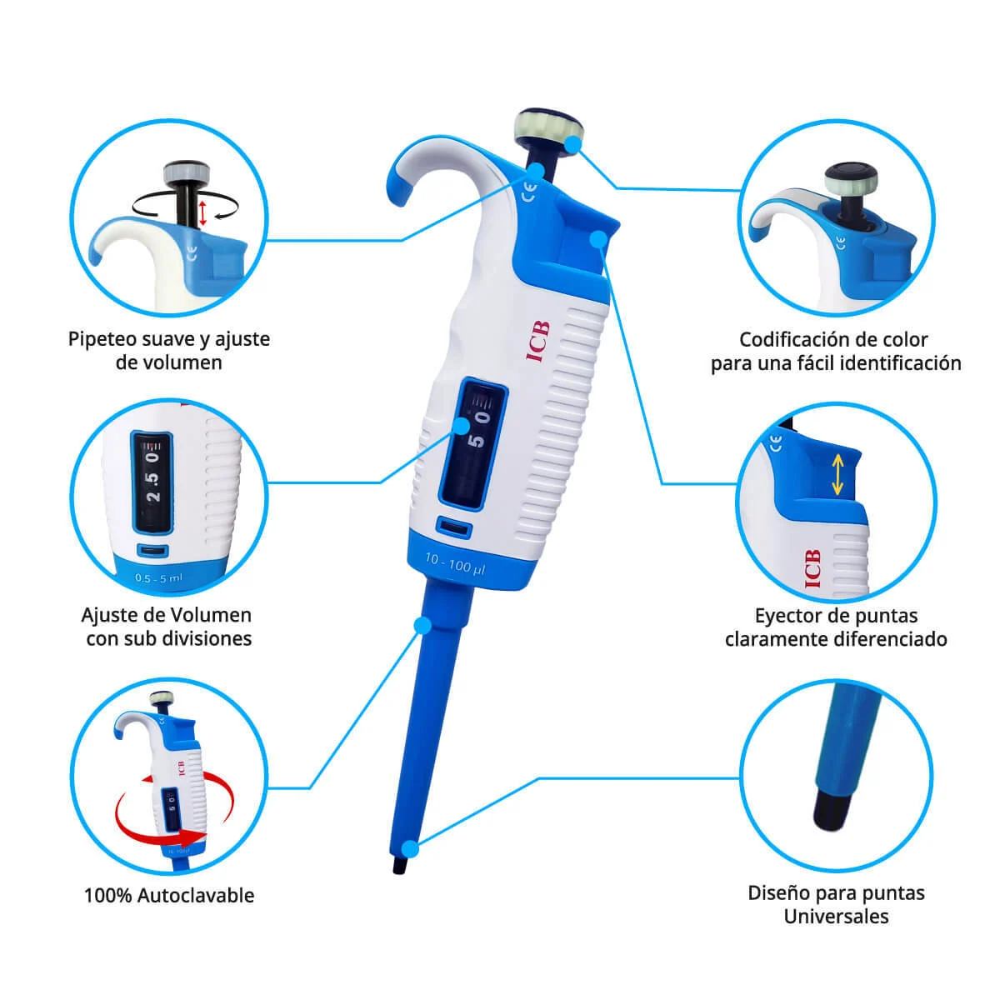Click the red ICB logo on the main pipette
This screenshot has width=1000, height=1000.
click(x=538, y=342)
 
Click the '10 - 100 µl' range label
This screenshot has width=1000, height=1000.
click(x=455, y=563)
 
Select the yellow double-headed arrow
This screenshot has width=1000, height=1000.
click(x=837, y=475)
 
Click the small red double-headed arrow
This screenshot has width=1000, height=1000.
click(x=202, y=212)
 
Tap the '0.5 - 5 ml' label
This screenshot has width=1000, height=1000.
click(x=158, y=578)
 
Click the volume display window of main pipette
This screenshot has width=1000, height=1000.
click(x=472, y=443)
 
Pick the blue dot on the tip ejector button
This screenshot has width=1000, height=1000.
click(x=599, y=239)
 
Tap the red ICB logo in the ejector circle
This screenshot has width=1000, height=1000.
click(x=812, y=568)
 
